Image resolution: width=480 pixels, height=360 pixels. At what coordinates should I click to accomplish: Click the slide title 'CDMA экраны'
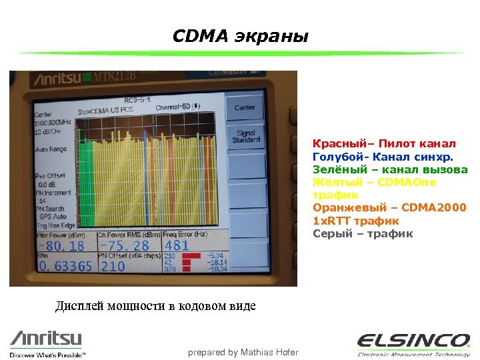[x=240, y=36]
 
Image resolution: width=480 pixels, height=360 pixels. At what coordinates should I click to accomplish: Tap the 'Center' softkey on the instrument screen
[x=244, y=107]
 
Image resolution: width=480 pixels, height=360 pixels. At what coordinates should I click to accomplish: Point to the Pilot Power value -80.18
[x=61, y=246]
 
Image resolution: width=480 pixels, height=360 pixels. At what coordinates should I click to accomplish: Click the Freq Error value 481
[x=177, y=245]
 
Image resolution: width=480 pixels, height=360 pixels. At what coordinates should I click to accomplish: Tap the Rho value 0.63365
[x=65, y=267]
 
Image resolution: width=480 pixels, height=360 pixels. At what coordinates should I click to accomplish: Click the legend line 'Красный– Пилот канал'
[x=384, y=144]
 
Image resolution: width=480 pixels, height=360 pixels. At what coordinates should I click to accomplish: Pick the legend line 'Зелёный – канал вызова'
[x=390, y=169]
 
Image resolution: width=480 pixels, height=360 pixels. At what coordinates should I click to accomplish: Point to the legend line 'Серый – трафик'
[x=363, y=233]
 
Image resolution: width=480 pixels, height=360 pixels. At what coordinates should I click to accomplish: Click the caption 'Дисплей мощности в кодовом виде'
[x=155, y=307]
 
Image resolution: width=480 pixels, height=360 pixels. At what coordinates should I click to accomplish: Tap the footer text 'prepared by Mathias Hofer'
[x=243, y=352]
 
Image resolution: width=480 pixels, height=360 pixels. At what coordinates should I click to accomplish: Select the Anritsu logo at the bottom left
[x=47, y=341]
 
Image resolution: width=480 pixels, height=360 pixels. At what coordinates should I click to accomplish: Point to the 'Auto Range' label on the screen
[x=51, y=149]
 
